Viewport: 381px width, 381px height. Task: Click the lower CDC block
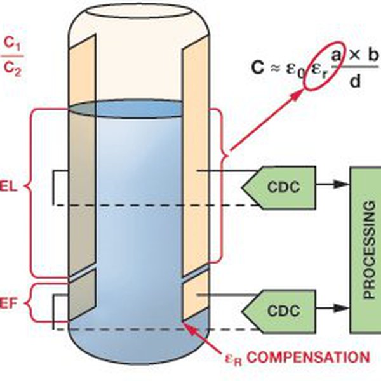point(280,311)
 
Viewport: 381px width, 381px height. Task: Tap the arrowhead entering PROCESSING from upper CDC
point(344,185)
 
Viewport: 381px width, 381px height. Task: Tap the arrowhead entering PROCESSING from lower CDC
point(344,311)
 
